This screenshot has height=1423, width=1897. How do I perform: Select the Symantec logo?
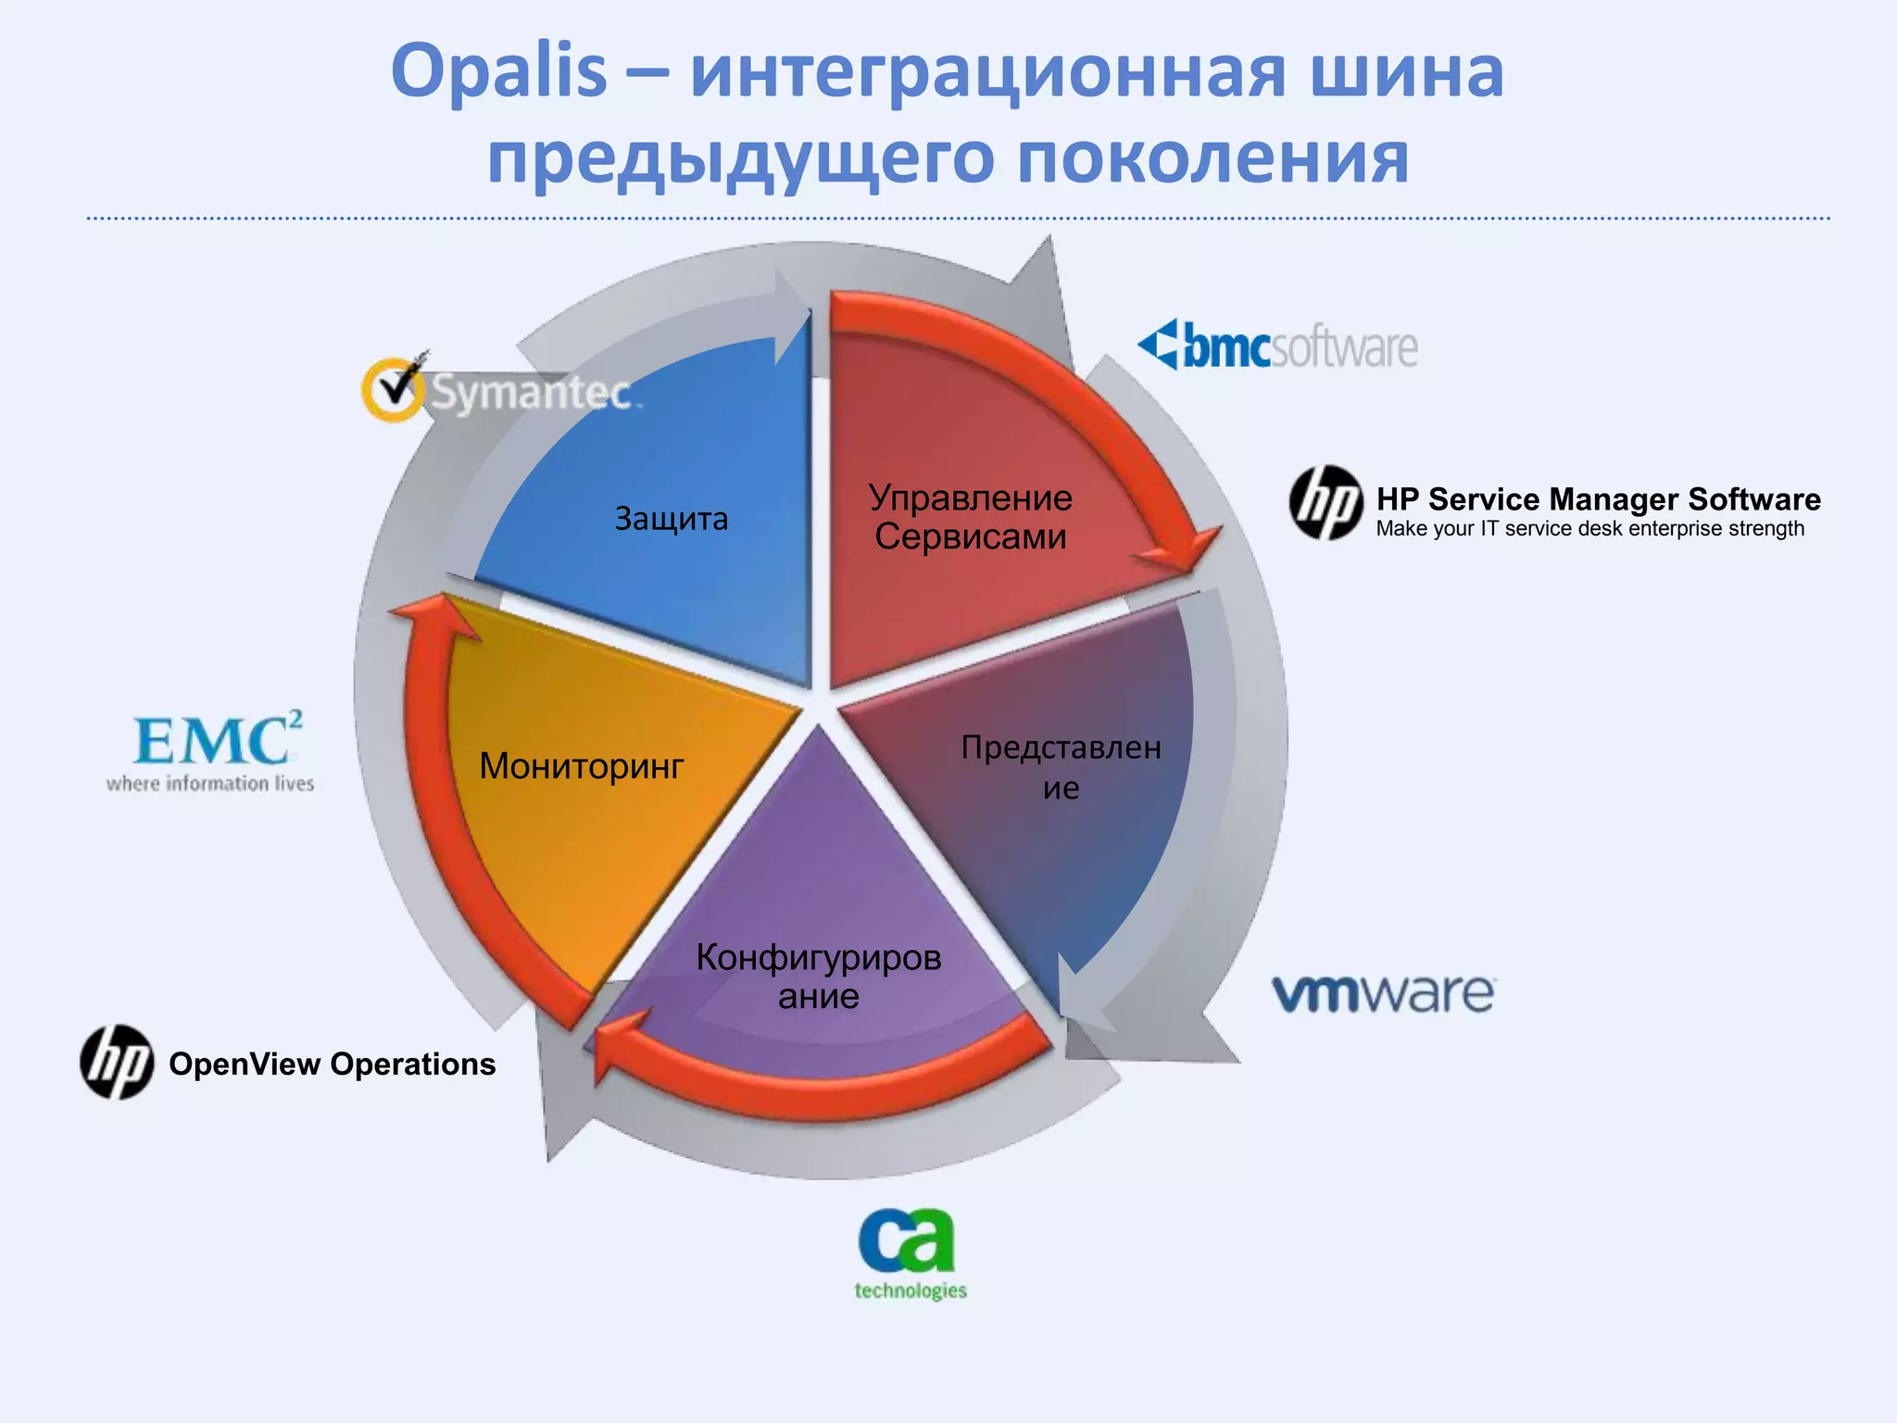[x=500, y=392]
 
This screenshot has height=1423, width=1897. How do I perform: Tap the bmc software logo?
[x=1278, y=346]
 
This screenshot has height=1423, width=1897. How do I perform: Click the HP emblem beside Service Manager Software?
[x=1325, y=503]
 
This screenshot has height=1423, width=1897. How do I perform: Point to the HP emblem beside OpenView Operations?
[x=117, y=1063]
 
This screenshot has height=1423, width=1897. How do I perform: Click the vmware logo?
[x=1383, y=994]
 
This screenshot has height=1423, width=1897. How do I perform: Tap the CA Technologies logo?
[x=908, y=1251]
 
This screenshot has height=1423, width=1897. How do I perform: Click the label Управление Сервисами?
[x=970, y=518]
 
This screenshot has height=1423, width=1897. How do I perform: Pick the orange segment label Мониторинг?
[x=581, y=766]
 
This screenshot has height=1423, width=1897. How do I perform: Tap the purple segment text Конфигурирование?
[x=818, y=976]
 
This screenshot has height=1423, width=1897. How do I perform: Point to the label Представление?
[x=1061, y=766]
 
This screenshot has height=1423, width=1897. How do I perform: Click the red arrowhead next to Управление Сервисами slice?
[x=1181, y=551]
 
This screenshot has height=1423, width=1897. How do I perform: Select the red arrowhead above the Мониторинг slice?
[x=431, y=616]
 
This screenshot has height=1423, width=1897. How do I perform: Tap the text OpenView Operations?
[x=332, y=1064]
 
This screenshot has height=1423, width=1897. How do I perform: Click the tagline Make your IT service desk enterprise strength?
[x=1589, y=529]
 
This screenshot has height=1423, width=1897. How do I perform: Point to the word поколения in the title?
[x=1213, y=157]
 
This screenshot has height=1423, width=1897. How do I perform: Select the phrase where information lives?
[x=210, y=784]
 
